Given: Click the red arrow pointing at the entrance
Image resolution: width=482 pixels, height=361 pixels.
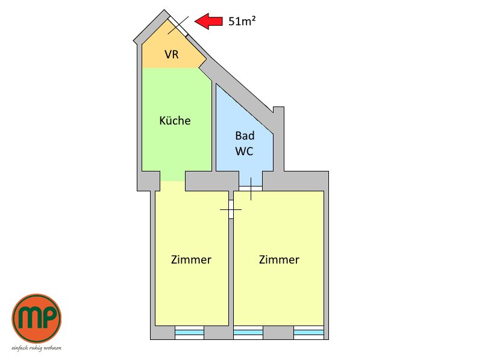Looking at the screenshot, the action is (x=208, y=21).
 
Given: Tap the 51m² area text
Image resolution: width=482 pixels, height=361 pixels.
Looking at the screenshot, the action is (x=242, y=21).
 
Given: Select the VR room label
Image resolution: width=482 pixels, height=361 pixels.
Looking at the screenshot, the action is (x=172, y=54).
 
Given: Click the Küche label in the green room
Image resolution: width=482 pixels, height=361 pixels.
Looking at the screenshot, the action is (x=175, y=120).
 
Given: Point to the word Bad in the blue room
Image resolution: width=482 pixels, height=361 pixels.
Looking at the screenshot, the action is (x=245, y=135).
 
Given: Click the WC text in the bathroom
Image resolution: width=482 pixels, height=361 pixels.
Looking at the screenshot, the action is (x=245, y=151).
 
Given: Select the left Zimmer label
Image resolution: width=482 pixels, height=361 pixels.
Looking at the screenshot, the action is (x=191, y=260).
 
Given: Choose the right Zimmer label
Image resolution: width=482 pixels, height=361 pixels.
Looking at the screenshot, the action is (x=279, y=260).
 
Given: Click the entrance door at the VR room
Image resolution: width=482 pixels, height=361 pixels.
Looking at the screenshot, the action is (x=177, y=25).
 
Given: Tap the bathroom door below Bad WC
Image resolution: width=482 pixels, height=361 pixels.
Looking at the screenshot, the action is (x=251, y=188).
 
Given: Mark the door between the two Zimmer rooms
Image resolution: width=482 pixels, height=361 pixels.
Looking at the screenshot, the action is (x=231, y=209).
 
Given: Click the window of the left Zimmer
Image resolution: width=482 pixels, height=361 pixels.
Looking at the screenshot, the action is (x=189, y=333).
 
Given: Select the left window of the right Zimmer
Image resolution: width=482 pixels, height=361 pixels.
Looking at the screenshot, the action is (x=248, y=333).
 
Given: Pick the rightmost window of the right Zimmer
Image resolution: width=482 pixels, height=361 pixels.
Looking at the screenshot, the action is (x=308, y=333).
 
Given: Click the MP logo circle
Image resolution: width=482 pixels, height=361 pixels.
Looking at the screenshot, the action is (x=37, y=318).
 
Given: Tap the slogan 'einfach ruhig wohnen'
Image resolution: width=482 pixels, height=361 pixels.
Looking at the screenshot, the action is (x=37, y=348).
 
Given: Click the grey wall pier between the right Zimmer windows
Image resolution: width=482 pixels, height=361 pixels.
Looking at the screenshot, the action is (x=278, y=333).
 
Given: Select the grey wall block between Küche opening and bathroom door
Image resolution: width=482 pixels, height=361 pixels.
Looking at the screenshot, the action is (x=212, y=181).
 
